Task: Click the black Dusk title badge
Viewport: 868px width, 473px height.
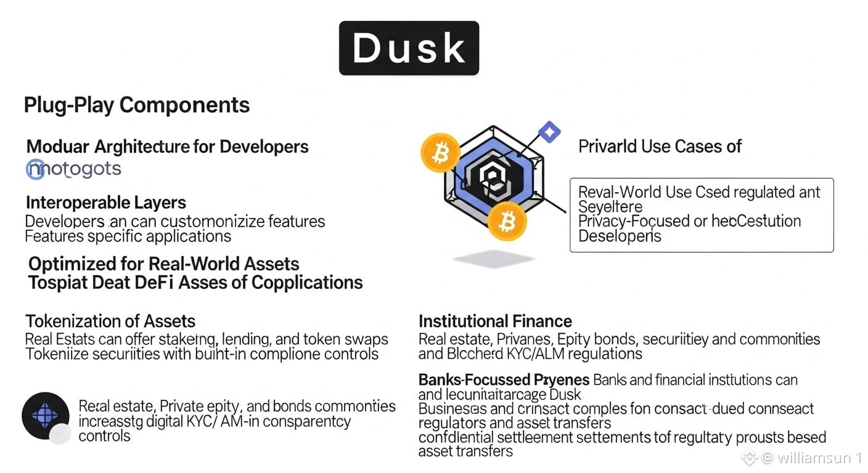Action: (x=409, y=48)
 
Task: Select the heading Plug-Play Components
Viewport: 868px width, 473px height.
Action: (x=137, y=105)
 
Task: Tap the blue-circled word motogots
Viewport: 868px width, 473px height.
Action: (x=74, y=169)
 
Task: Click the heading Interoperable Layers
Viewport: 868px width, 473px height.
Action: (x=106, y=203)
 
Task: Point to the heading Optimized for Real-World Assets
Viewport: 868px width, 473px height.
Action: (x=164, y=264)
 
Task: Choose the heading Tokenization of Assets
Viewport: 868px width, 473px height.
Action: (x=110, y=321)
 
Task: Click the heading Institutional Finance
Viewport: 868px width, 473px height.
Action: (x=495, y=321)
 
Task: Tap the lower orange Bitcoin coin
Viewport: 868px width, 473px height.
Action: (x=507, y=221)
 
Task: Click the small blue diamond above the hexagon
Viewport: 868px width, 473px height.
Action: (x=549, y=131)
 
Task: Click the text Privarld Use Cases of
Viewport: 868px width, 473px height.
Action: (x=660, y=147)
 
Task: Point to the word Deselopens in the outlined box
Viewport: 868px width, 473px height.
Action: (x=620, y=236)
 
